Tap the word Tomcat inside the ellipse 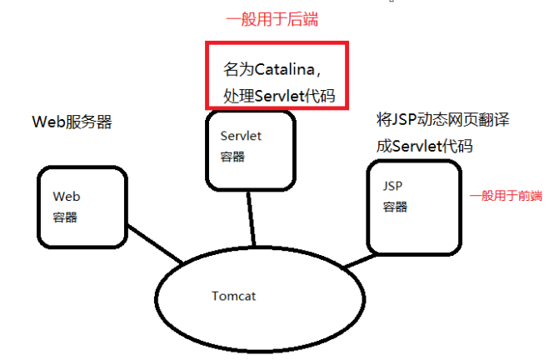pyautogui.click(x=236, y=296)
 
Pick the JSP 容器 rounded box pyautogui.click(x=413, y=207)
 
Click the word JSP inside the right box pyautogui.click(x=393, y=187)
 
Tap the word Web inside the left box pyautogui.click(x=66, y=197)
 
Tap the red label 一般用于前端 pyautogui.click(x=506, y=196)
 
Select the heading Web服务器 pyautogui.click(x=72, y=122)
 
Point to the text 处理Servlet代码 pyautogui.click(x=278, y=95)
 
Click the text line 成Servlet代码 pyautogui.click(x=424, y=146)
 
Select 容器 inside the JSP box pyautogui.click(x=395, y=207)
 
